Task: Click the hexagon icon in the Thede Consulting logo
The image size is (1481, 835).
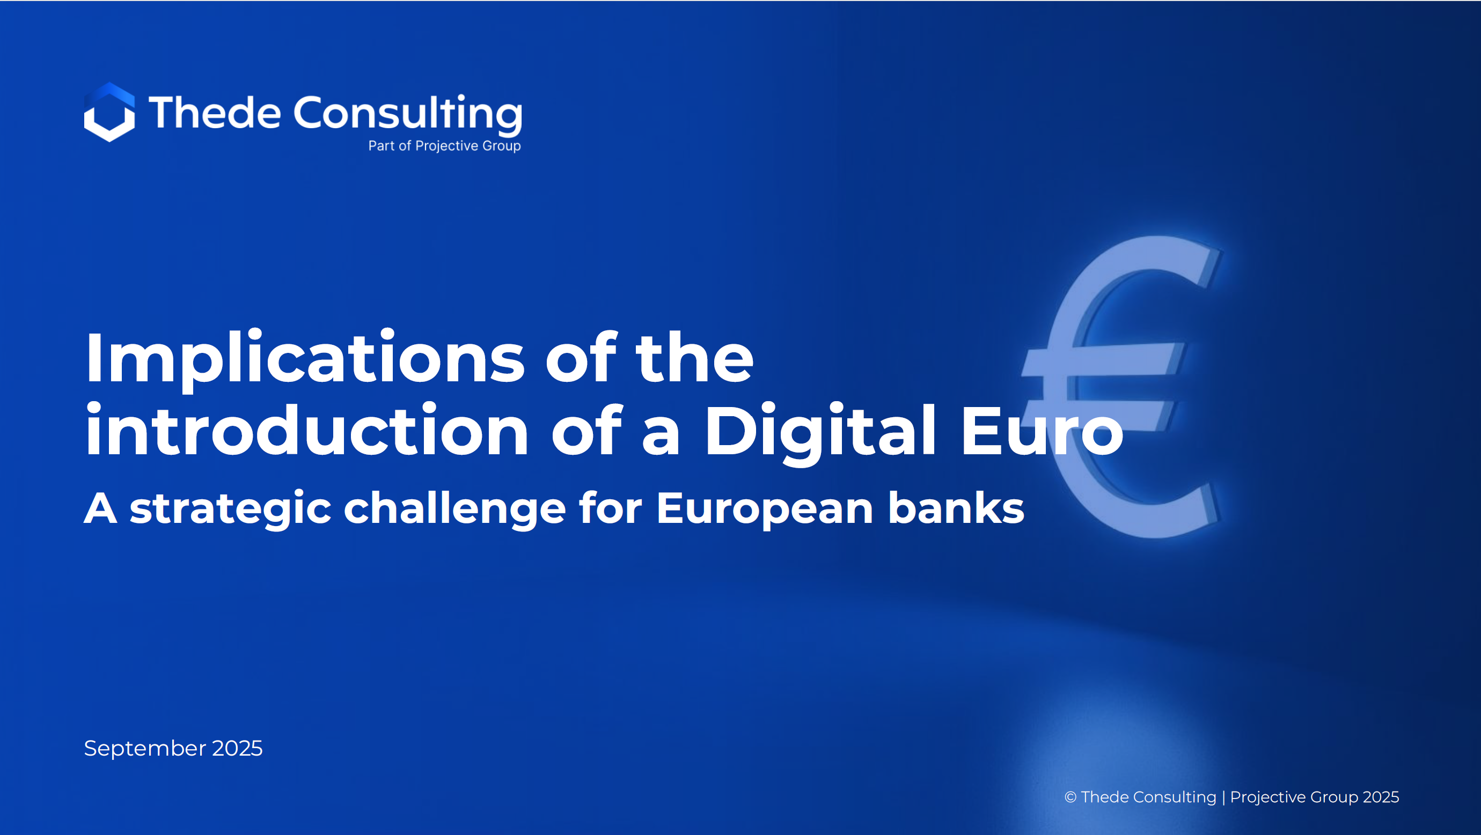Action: click(x=109, y=112)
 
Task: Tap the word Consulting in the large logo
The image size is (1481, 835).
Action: click(x=408, y=115)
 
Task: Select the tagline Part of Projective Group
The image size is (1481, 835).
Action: click(x=444, y=146)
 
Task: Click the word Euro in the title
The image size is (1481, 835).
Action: click(x=1042, y=431)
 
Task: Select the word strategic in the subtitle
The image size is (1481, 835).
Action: click(x=231, y=509)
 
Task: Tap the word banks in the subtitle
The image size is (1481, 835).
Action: click(x=956, y=507)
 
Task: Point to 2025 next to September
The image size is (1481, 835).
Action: click(x=237, y=748)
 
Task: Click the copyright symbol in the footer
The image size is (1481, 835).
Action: click(x=1071, y=797)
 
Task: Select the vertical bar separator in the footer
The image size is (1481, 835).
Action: click(x=1223, y=797)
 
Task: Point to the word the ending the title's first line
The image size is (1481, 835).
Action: click(x=694, y=358)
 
